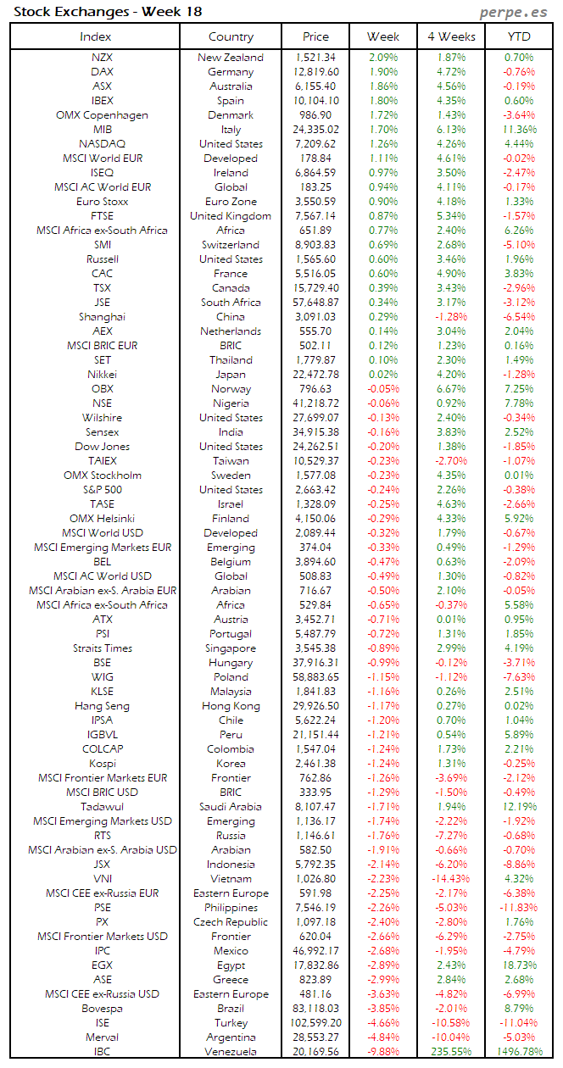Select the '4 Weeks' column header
coord(451,36)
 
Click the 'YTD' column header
coord(518,36)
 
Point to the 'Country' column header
coord(231,36)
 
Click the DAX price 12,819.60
coord(315,72)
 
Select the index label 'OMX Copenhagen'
coord(102,115)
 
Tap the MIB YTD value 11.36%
coord(519,130)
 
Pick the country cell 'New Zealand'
coord(231,58)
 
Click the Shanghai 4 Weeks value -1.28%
coord(451,317)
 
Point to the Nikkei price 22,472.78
coord(315,375)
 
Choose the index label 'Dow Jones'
coord(102,447)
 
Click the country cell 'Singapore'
coord(231,648)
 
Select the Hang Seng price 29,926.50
coord(315,706)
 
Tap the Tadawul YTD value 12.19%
coord(519,807)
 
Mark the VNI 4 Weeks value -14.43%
coord(451,879)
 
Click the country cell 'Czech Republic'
coord(231,922)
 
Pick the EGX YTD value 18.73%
coord(519,965)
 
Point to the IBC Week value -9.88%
coord(383,1052)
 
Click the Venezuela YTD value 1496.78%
coord(518,1052)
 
